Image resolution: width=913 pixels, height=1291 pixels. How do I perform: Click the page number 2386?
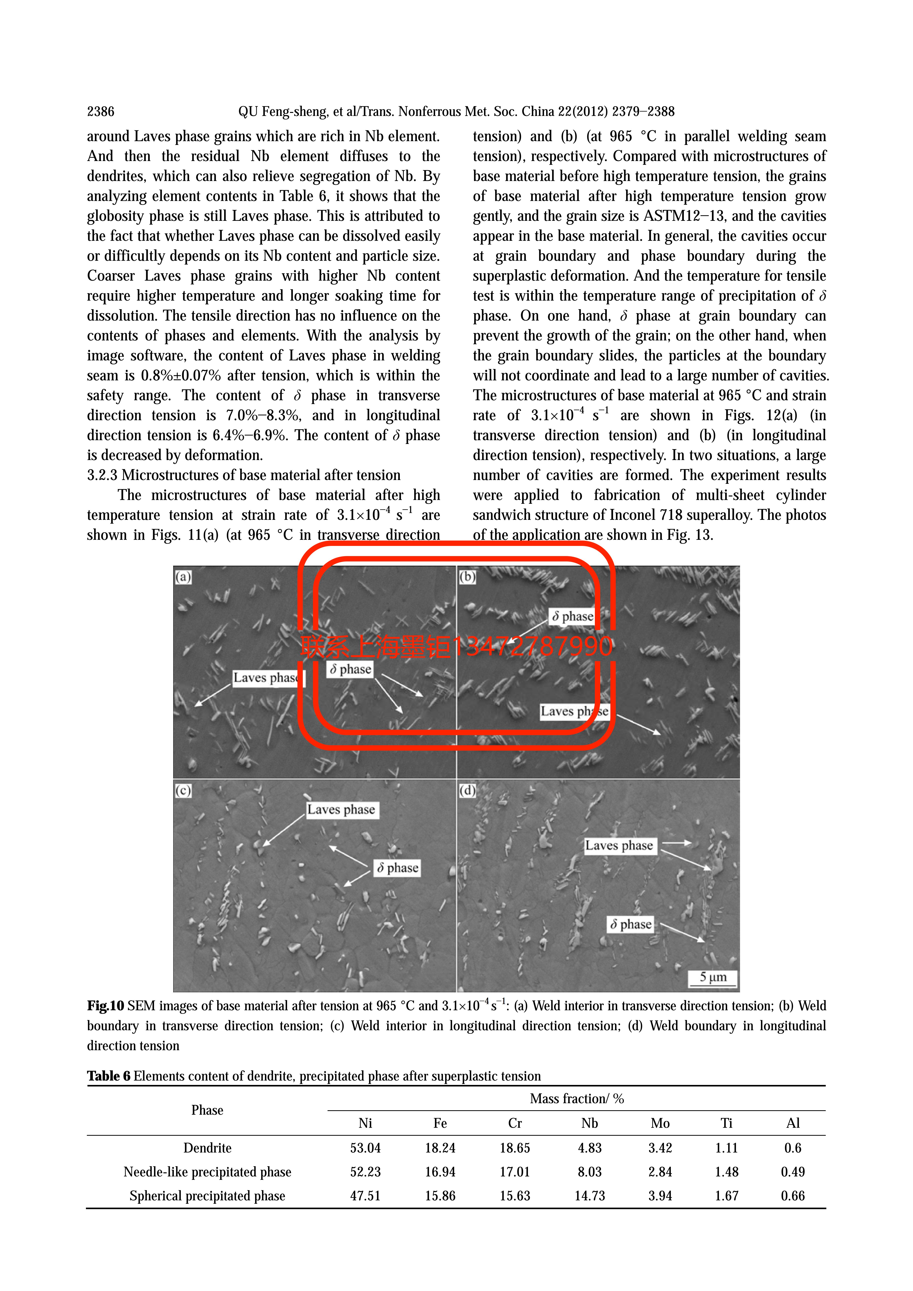tap(101, 111)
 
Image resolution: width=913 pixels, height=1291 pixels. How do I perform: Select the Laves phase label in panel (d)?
tap(619, 846)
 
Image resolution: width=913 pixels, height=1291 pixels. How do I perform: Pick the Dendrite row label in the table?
tap(207, 1148)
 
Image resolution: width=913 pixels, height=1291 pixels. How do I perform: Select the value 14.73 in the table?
tap(589, 1196)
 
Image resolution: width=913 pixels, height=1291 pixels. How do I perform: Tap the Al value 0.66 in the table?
tap(793, 1196)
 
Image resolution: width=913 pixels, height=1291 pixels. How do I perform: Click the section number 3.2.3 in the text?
tap(102, 475)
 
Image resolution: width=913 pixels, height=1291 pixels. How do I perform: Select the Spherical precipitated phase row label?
tap(207, 1196)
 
